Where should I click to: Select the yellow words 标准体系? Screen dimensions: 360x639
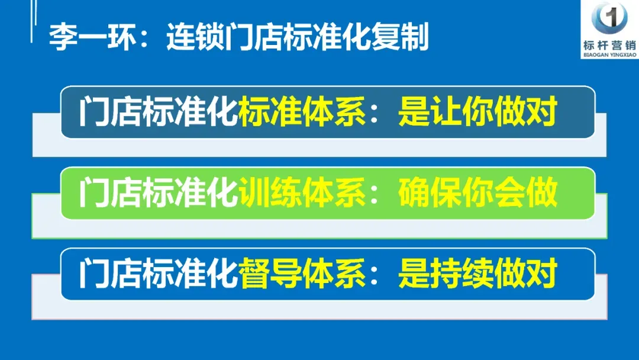coord(302,112)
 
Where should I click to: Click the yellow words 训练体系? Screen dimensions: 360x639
coord(302,194)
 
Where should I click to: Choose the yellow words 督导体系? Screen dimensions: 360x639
coord(302,274)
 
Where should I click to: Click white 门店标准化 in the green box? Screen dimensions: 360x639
coord(158,194)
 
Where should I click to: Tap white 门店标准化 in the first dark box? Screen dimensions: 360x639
coord(158,112)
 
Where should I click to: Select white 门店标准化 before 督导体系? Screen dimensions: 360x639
coord(158,274)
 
